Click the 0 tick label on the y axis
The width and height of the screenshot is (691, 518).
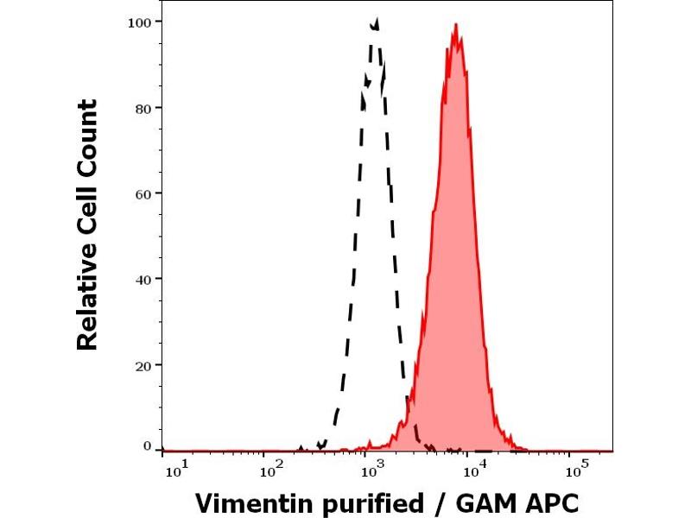148,446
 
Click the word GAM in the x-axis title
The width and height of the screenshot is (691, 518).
473,502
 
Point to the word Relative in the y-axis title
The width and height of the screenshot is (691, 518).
87,299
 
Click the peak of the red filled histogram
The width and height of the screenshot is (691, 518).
455,25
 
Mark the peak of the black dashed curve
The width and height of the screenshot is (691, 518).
375,19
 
